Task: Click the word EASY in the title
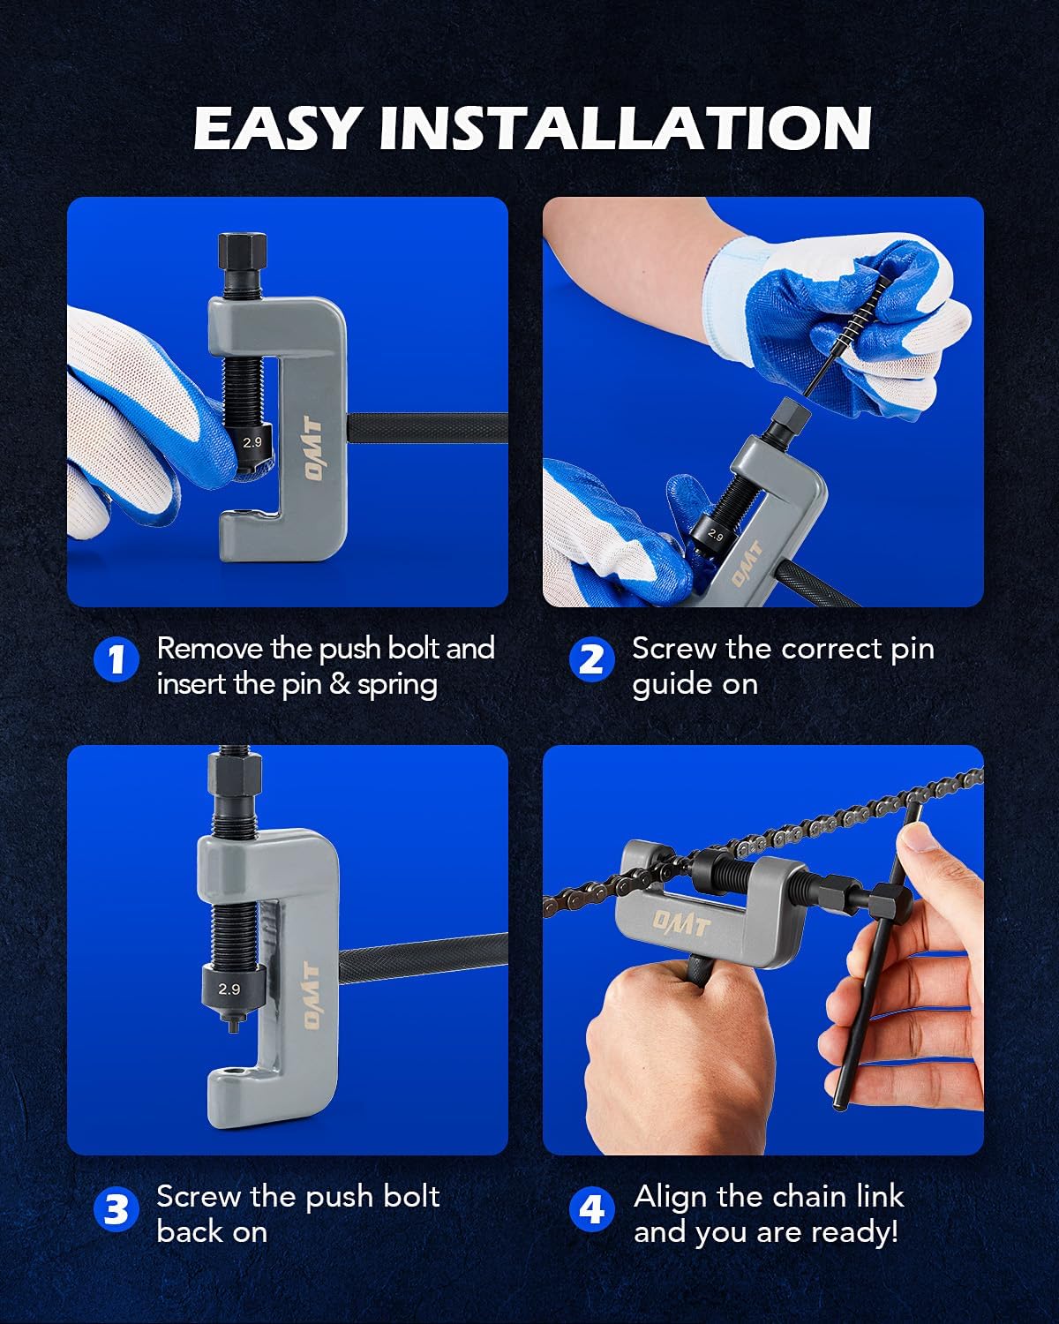coord(275,128)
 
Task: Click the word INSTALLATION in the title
coord(625,128)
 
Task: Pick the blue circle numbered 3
coord(116,1210)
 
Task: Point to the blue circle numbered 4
coord(591,1210)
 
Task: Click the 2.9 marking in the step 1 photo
coord(252,441)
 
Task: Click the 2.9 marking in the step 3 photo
coord(229,989)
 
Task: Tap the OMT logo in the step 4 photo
coord(682,922)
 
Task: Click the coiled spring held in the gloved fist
coord(859,313)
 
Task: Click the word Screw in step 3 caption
coord(199,1197)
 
